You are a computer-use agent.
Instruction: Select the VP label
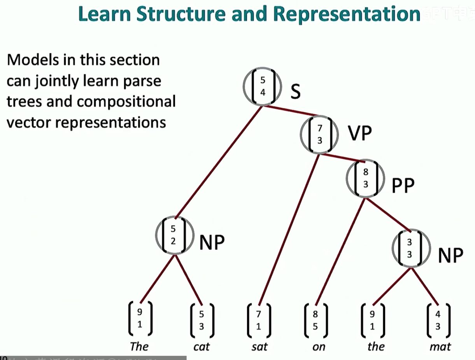click(360, 134)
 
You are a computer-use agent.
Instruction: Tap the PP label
click(403, 186)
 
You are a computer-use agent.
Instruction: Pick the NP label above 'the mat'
click(450, 255)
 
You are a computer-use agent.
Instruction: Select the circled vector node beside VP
click(319, 134)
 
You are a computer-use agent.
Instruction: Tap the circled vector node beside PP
click(365, 178)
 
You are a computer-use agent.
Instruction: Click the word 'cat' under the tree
click(202, 346)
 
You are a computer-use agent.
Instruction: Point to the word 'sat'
click(259, 346)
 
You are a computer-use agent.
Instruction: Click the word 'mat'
click(440, 346)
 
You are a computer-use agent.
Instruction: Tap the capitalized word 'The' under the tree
click(139, 346)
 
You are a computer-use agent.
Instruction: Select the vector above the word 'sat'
click(259, 320)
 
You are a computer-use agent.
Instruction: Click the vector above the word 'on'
click(315, 320)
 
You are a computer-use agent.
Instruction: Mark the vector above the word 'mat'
click(438, 320)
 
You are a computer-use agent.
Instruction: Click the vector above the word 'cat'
click(202, 320)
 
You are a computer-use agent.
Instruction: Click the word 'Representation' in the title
click(346, 14)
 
